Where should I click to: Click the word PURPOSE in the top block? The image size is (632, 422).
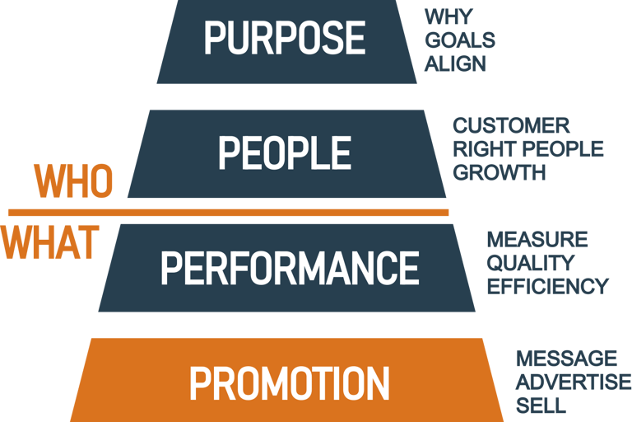(284, 37)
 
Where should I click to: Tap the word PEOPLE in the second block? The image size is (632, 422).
(284, 152)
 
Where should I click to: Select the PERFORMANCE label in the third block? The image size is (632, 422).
(289, 267)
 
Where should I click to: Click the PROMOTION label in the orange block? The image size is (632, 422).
(289, 383)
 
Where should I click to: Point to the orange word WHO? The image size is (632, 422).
(72, 182)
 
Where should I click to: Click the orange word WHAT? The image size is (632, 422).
(49, 241)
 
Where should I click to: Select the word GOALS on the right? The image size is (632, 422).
(460, 40)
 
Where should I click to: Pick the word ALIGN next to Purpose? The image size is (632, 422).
(455, 63)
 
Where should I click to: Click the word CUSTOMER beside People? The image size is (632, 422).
(511, 126)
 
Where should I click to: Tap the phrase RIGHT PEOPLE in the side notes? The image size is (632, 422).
(527, 149)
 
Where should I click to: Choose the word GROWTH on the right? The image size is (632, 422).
(499, 172)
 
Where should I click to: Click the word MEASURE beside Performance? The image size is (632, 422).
(537, 240)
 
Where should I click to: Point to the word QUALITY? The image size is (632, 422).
(530, 263)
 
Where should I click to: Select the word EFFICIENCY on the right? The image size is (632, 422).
(547, 286)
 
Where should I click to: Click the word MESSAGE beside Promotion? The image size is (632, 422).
(566, 359)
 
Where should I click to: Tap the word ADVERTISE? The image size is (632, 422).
(573, 382)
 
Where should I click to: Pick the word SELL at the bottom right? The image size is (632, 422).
(541, 405)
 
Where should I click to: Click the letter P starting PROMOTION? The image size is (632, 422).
(200, 383)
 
